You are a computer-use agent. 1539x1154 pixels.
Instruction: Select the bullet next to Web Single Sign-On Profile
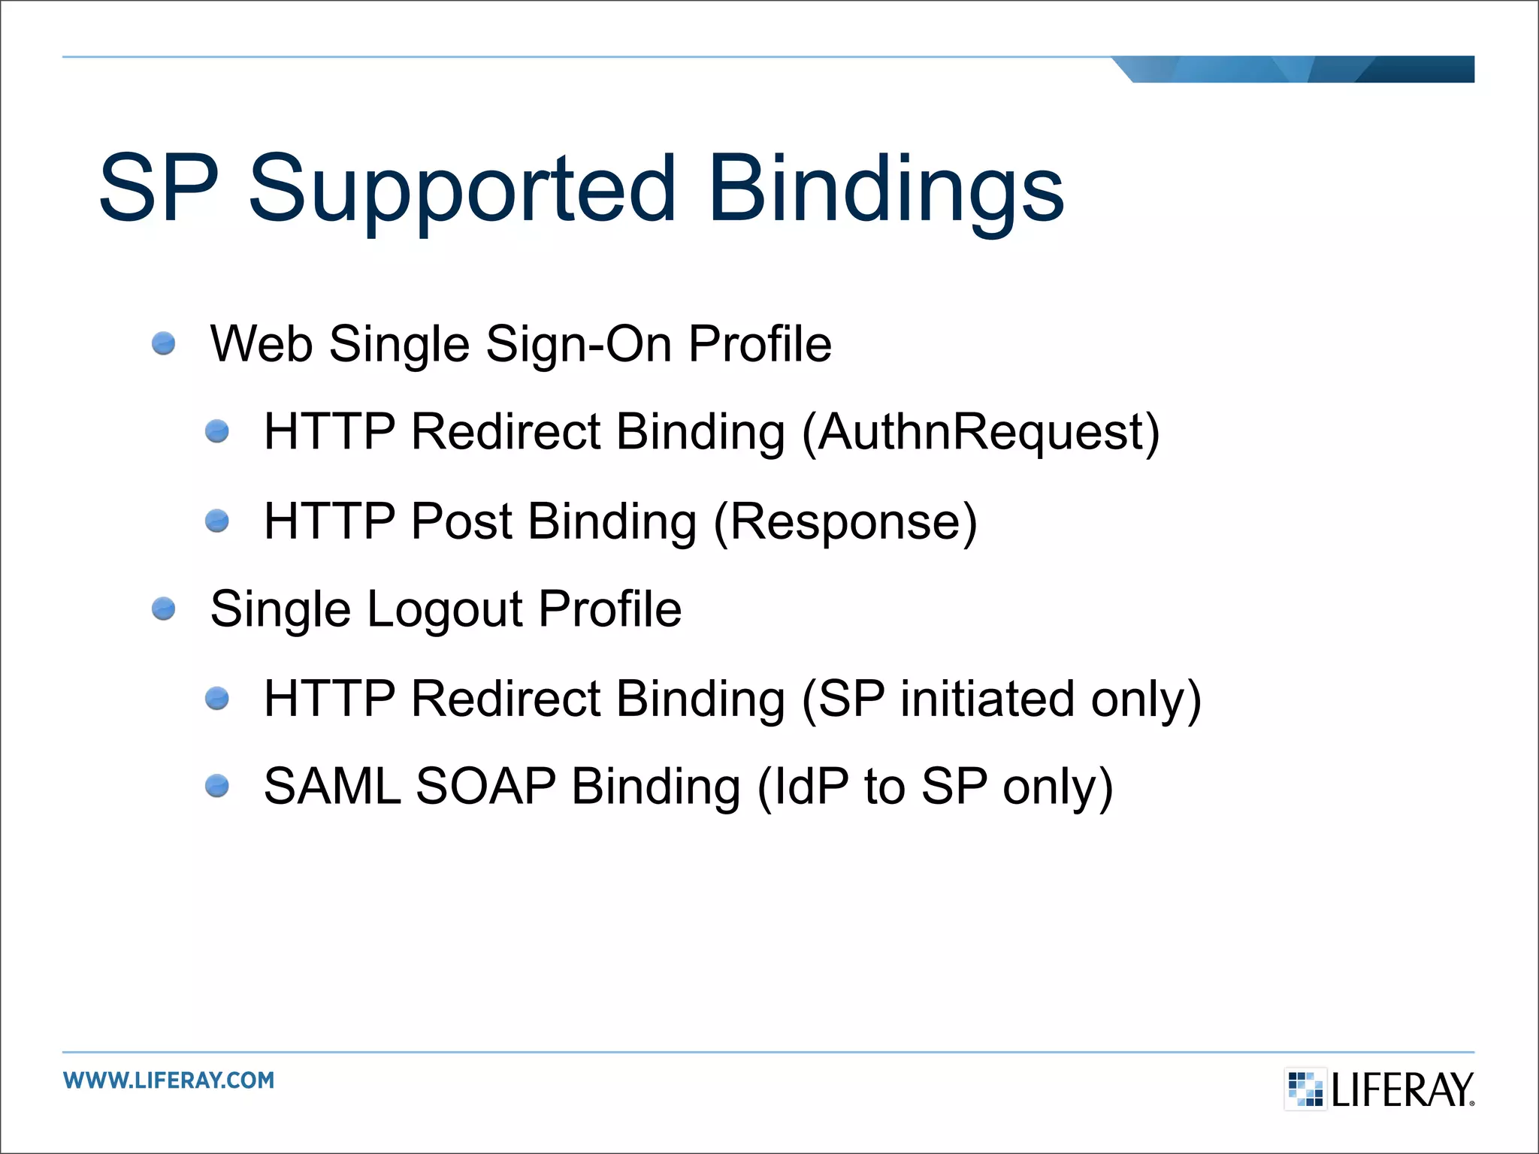(163, 344)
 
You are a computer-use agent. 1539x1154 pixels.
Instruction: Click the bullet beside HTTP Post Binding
(217, 521)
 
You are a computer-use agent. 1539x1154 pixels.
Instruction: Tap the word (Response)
(845, 521)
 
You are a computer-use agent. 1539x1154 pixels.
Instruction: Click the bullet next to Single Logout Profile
(163, 609)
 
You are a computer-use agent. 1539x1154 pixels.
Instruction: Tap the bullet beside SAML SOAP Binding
(217, 786)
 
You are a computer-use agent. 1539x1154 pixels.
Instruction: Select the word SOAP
(485, 787)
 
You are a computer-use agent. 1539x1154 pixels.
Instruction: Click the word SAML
(332, 787)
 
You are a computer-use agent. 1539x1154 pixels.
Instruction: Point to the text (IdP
(802, 787)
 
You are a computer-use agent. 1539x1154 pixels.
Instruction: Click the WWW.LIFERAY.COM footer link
(169, 1080)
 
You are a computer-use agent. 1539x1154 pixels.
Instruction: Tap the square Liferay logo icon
(1305, 1089)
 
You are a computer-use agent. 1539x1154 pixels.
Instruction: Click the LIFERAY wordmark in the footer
(1402, 1090)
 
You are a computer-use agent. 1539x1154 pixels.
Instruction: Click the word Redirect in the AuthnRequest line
(506, 432)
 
